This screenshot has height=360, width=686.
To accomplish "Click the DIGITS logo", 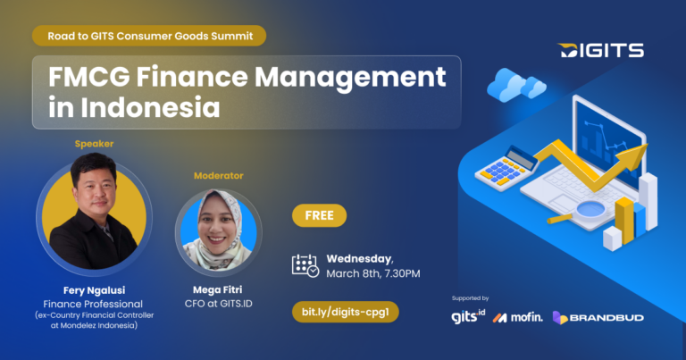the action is tap(600, 50).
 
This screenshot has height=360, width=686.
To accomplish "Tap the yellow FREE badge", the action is tap(320, 215).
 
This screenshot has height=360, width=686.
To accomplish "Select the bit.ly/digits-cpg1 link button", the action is tap(345, 312).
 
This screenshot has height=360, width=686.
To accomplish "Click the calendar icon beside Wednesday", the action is tap(305, 265).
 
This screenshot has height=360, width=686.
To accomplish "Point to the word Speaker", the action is tap(94, 144).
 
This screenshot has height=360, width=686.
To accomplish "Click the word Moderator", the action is tap(218, 175).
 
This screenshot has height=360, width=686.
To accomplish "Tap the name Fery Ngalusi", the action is tap(94, 290).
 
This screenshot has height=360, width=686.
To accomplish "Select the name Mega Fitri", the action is tap(217, 289).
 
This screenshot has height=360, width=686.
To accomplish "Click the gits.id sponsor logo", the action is tap(468, 316).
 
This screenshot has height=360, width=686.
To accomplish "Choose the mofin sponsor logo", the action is tap(517, 317).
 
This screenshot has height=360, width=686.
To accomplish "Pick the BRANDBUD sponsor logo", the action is tap(598, 318).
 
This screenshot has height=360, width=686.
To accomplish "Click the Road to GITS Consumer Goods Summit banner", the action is tap(149, 36).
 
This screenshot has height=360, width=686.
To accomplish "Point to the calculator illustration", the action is tap(506, 169).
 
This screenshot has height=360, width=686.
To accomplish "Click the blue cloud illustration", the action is tap(516, 85).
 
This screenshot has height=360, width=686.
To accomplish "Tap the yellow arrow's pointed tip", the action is tap(647, 146).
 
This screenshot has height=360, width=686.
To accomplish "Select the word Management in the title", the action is tap(350, 78).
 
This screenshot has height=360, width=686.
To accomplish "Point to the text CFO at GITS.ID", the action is tap(218, 304).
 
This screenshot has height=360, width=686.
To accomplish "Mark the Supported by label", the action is tap(471, 298).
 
